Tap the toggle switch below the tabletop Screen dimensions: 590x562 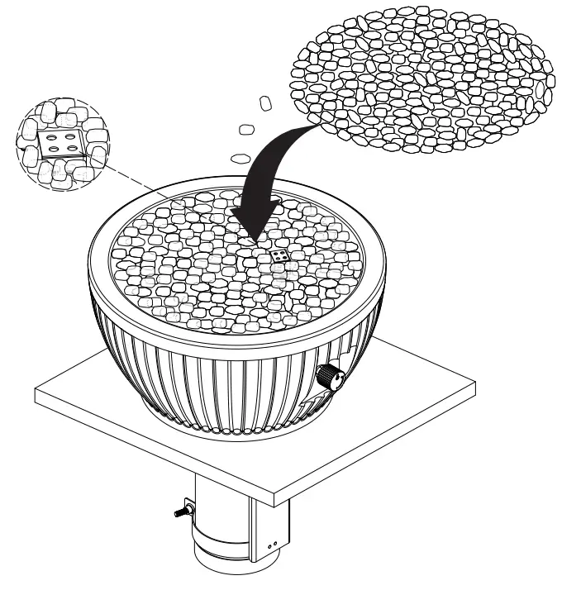180,510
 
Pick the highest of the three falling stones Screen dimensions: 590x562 265,103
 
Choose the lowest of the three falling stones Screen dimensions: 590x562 241,156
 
